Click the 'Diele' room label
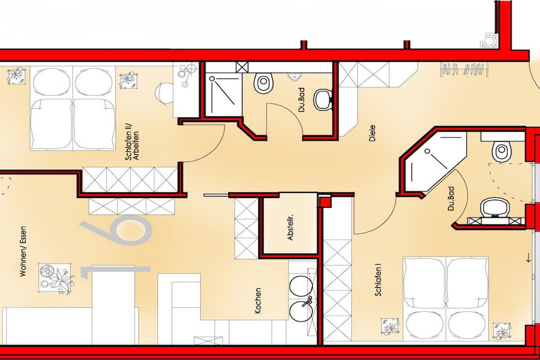click(x=372, y=133)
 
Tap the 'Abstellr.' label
click(x=290, y=228)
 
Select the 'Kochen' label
click(x=257, y=301)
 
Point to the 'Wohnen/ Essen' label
click(x=23, y=251)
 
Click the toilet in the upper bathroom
click(x=264, y=83)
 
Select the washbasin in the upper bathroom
click(x=323, y=100)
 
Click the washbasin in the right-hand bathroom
click(x=495, y=208)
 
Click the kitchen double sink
click(x=302, y=298)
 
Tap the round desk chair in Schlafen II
click(x=165, y=93)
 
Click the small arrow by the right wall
click(x=528, y=258)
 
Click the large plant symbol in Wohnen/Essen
click(x=55, y=278)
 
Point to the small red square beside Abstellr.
click(x=324, y=201)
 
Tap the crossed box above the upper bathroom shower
click(x=242, y=67)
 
